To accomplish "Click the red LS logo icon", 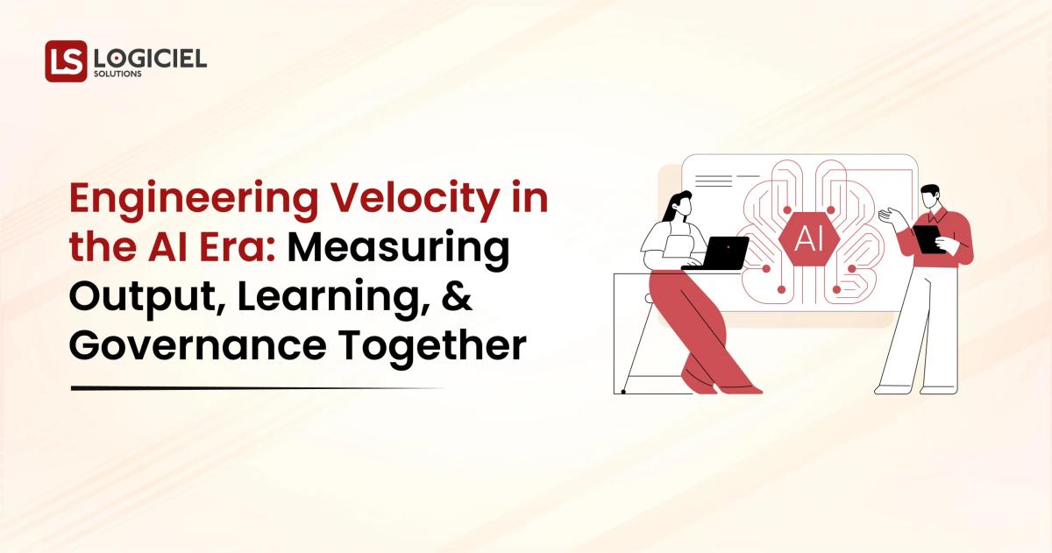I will click(x=66, y=60).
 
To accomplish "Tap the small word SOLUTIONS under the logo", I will click(x=118, y=75).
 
